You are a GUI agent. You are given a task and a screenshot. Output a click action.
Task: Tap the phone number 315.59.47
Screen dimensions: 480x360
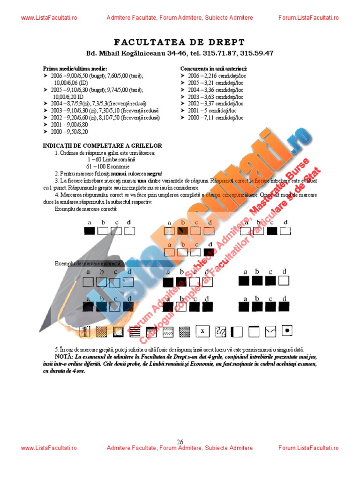[256, 53]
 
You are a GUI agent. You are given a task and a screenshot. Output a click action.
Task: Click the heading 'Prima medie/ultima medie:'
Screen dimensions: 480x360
[75, 68]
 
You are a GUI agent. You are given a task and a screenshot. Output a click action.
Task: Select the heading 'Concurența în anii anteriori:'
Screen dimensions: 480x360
[214, 68]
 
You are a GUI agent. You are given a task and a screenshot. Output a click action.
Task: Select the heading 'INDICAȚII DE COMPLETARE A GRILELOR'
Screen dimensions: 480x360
[102, 146]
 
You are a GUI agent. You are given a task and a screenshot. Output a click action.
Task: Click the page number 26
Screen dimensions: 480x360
[180, 442]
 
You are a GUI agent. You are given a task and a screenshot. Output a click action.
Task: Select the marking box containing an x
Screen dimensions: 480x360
[202, 331]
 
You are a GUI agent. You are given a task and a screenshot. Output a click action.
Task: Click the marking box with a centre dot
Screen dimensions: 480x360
[288, 331]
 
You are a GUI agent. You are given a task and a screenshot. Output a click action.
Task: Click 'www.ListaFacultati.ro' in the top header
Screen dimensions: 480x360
[49, 18]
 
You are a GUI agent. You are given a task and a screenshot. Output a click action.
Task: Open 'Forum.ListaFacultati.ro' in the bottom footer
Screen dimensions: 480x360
[308, 448]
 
